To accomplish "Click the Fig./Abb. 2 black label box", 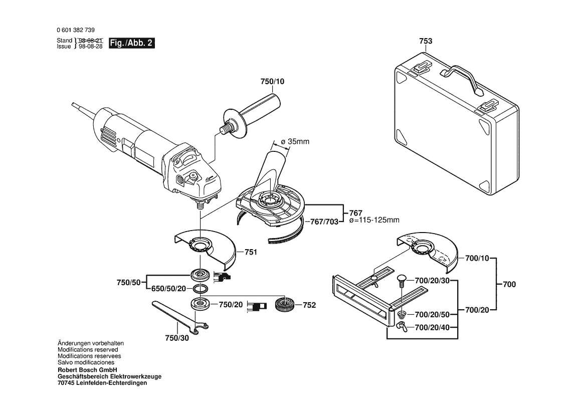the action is coord(131,43).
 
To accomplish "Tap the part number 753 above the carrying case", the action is coord(426,41).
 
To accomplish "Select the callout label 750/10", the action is coord(272,82).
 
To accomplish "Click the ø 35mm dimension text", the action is coord(295,142).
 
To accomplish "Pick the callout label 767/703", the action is coord(324,222).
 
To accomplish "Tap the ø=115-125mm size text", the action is coord(374,220).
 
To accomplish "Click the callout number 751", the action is coord(251,252).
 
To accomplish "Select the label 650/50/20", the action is coord(168,289).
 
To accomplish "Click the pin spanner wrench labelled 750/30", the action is coord(180,316).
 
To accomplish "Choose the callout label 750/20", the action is coord(231,305).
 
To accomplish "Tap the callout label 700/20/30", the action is coord(433,281).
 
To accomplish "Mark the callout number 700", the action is coord(509,284).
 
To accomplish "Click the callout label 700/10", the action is coord(477,258).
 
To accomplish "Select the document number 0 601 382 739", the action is coord(76,30).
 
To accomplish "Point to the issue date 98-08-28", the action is coord(90,47).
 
